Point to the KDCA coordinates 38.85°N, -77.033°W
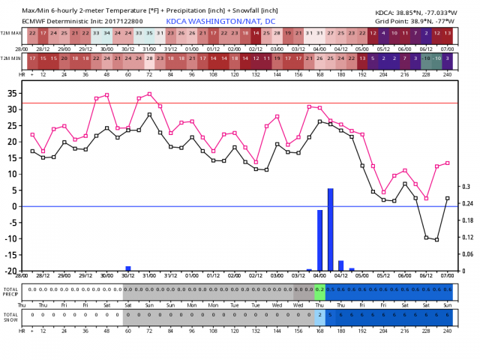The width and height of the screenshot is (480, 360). (x=424, y=13)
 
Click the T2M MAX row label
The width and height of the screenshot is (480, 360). (x=11, y=34)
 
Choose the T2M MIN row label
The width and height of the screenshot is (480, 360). (x=11, y=58)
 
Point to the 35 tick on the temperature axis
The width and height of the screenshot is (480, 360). (x=13, y=93)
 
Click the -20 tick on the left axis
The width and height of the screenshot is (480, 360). (x=12, y=270)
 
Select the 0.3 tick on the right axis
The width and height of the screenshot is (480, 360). (x=466, y=187)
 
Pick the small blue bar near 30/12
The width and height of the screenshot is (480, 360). (x=128, y=268)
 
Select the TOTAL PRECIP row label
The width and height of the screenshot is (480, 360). (x=10, y=291)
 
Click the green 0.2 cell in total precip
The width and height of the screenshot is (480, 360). (x=319, y=289)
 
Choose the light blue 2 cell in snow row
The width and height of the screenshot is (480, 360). (x=319, y=314)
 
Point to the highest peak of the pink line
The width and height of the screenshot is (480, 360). (x=149, y=94)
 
